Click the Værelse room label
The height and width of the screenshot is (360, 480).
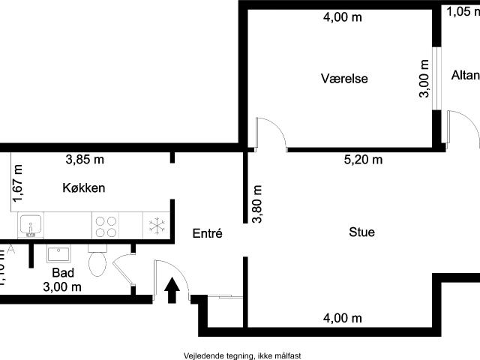click(344, 79)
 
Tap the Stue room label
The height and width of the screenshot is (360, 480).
click(361, 232)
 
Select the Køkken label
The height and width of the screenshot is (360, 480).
click(83, 187)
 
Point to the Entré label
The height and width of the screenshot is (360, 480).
click(207, 233)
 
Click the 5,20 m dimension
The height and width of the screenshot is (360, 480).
click(363, 159)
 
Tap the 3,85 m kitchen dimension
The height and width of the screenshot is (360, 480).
click(85, 159)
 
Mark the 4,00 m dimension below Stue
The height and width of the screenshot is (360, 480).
click(342, 318)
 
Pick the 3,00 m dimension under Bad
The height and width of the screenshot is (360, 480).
click(62, 286)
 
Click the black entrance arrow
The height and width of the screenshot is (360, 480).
click(172, 289)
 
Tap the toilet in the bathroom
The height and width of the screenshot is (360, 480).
click(98, 261)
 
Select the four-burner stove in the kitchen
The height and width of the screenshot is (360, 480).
click(105, 224)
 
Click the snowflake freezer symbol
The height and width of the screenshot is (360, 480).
click(157, 224)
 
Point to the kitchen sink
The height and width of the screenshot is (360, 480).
click(31, 224)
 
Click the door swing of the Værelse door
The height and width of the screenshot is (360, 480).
click(271, 132)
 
